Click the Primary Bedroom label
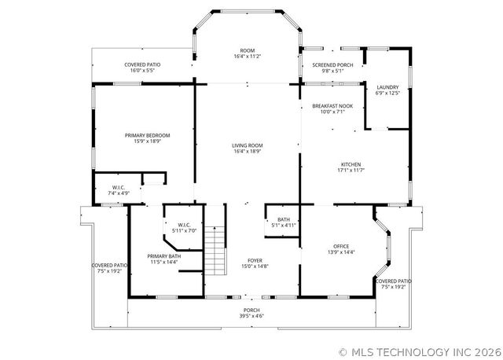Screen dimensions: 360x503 coord(147,135)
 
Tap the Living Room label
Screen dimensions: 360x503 coord(247,145)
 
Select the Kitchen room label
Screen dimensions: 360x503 coord(351,164)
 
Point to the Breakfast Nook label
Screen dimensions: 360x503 coord(332,106)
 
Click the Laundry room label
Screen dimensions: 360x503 coord(387,87)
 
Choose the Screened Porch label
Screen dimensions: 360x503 coord(332,64)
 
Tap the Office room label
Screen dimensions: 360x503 coord(341,246)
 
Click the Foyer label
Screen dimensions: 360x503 coord(255,260)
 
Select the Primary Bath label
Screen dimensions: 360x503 coord(164,256)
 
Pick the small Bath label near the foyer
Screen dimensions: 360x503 coord(284,219)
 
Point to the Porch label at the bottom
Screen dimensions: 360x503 coord(251,310)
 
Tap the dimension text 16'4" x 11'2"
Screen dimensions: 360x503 coord(247,57)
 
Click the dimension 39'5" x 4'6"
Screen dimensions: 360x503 coord(251,317)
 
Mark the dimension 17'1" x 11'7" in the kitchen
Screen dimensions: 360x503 coord(351,170)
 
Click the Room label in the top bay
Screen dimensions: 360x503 coord(247,50)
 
